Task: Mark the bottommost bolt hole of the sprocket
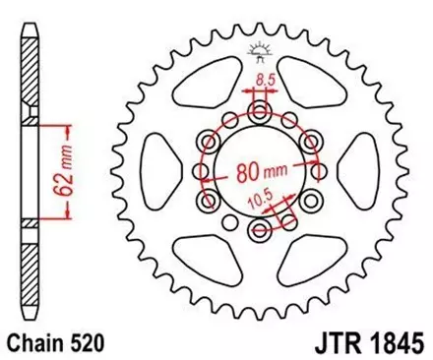pos(260,231)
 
